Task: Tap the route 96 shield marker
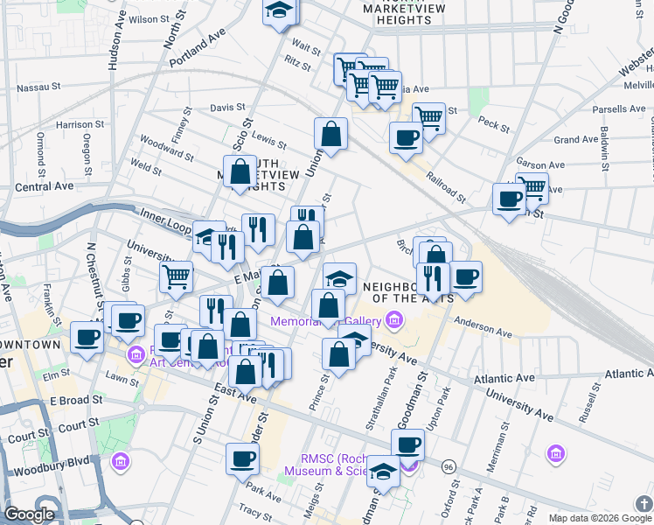[x=449, y=465]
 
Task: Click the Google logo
[x=30, y=514]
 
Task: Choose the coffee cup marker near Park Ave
[x=242, y=457]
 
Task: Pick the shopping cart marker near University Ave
[x=176, y=276]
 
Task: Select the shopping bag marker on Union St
[x=331, y=133]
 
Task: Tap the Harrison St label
[x=80, y=125]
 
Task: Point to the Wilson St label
[x=149, y=18]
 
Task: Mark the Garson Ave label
[x=541, y=164]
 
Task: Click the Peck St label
[x=494, y=125]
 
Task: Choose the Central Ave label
[x=44, y=186]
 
